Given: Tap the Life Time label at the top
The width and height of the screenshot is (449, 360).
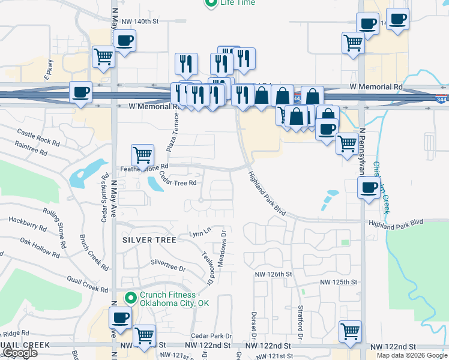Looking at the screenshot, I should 237,3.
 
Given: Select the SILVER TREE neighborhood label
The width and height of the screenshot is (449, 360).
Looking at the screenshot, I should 149,240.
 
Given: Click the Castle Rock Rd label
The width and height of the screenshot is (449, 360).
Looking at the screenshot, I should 38,137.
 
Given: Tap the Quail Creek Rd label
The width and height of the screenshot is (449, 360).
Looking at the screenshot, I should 88,284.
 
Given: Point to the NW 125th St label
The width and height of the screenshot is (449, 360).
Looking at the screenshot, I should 339,281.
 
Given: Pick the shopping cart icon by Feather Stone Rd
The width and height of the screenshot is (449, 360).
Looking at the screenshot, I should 143,155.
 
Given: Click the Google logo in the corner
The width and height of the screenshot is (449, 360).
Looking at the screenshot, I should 19,353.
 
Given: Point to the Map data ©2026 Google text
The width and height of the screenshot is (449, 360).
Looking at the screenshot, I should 412,355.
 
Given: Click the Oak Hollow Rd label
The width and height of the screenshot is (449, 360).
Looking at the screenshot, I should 40,247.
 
